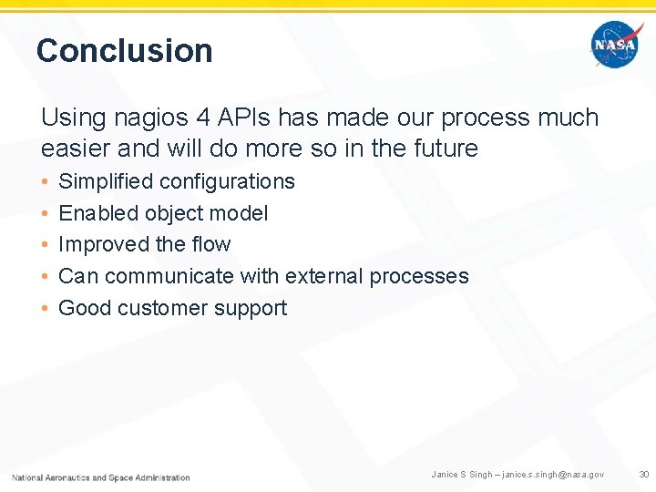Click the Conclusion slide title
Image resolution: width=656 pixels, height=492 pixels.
(124, 50)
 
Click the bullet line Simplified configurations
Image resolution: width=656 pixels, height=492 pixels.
(176, 181)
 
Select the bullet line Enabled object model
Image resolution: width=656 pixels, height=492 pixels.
(163, 213)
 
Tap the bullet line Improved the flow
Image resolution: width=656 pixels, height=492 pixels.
(144, 244)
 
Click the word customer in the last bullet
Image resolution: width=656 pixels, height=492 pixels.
(159, 308)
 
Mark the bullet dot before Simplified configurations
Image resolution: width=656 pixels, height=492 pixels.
(46, 181)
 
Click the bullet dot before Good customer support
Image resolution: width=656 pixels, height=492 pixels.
(46, 308)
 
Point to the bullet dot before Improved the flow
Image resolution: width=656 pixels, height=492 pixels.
(46, 244)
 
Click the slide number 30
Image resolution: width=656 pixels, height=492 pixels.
(644, 475)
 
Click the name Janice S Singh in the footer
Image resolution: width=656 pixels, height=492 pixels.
(462, 475)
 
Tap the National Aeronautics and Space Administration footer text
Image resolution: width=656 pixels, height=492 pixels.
(101, 477)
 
